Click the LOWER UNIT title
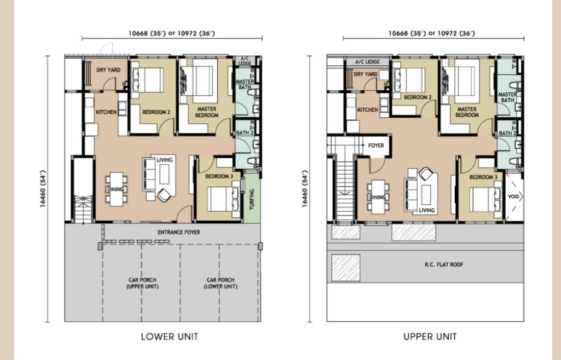point(170,336)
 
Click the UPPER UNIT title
point(430,336)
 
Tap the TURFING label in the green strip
point(252,199)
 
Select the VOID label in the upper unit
point(513,197)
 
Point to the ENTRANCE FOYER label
point(179,232)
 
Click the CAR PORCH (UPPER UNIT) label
point(142,283)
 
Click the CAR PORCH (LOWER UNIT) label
point(220,283)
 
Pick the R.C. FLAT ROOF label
point(444,264)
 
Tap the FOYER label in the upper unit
point(376,145)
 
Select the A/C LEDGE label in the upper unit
point(367,62)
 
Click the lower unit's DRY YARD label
point(108,70)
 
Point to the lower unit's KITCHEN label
point(106,112)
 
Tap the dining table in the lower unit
point(116,189)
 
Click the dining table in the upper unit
point(378,197)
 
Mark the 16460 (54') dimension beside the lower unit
point(43,189)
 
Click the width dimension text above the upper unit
point(432,33)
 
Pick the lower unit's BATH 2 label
point(245,133)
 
